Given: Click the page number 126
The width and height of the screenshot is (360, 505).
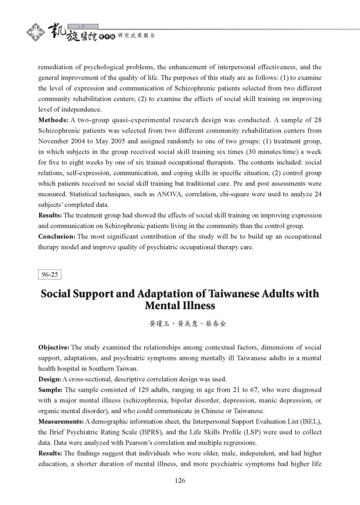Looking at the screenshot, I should [180, 481].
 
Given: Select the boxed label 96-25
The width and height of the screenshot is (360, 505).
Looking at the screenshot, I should [50, 274].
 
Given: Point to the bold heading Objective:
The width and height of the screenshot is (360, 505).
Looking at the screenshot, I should [53, 348].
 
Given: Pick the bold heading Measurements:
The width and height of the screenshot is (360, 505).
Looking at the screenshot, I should [60, 421].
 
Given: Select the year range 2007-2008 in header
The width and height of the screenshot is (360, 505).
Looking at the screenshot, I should [83, 26].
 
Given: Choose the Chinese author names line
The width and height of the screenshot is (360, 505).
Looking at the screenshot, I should [180, 323].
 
